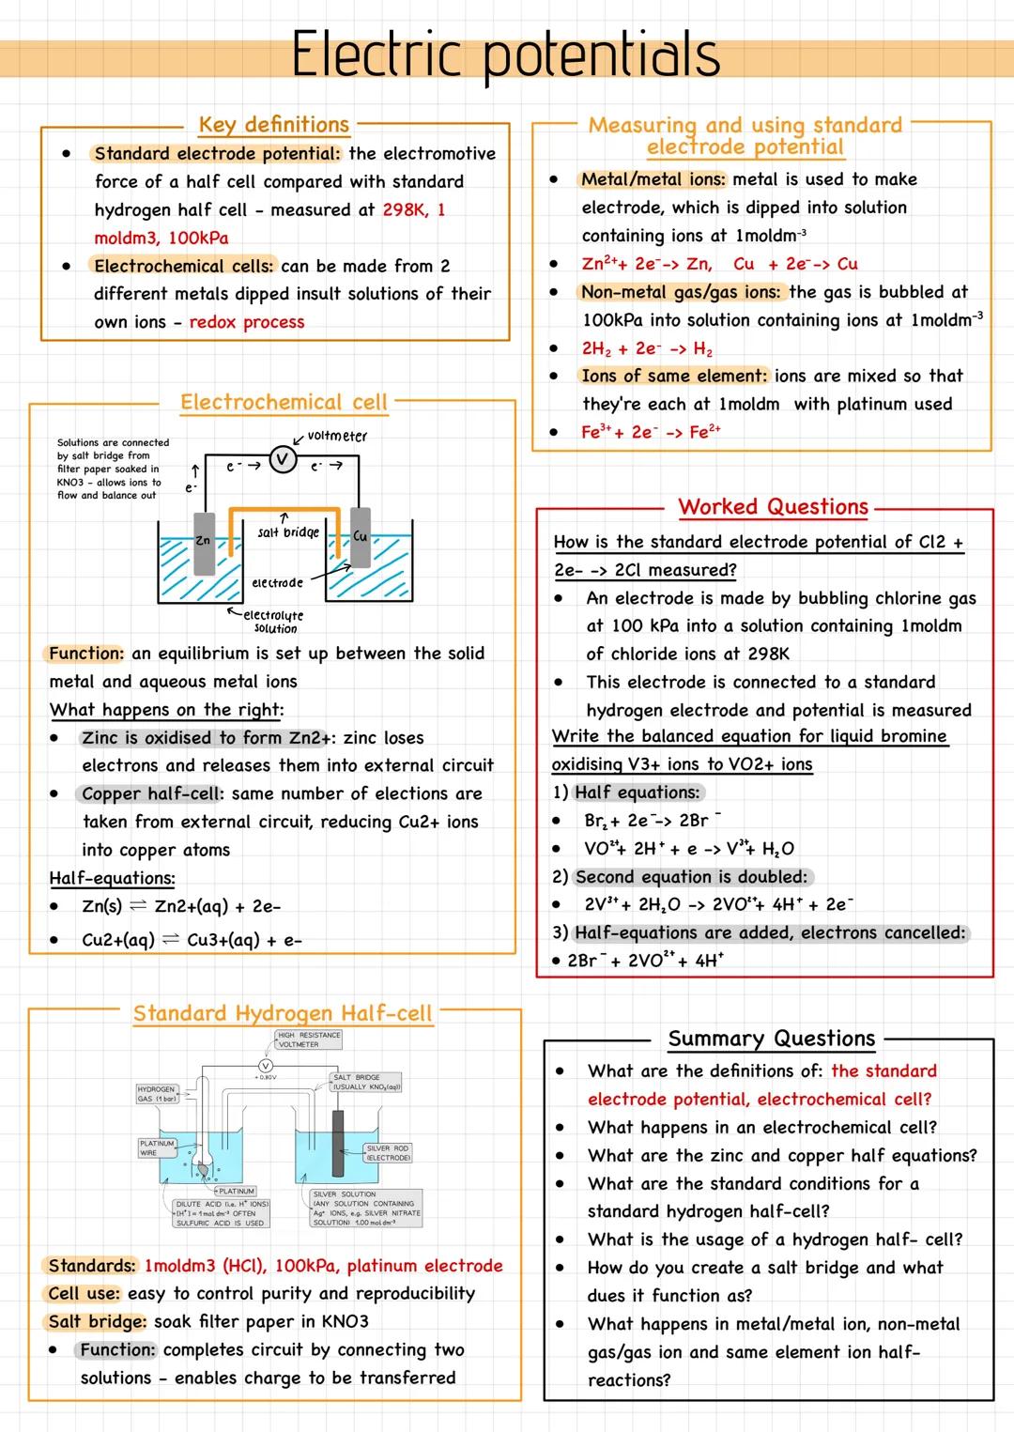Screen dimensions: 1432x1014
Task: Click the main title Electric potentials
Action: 505,54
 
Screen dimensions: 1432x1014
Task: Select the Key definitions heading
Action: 273,125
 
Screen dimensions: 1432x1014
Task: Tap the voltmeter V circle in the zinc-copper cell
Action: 283,459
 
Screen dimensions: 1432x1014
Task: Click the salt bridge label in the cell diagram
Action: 287,532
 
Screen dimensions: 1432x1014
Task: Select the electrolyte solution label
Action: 273,622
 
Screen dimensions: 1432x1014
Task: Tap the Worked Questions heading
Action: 773,507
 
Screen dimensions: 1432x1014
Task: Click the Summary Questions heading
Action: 771,1039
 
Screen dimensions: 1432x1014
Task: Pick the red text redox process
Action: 247,322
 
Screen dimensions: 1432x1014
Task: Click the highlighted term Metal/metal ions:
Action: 653,179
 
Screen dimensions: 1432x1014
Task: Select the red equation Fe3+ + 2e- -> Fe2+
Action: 651,432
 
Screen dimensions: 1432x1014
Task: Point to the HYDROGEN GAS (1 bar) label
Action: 156,1094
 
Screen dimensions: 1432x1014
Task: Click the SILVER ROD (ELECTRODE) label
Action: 388,1153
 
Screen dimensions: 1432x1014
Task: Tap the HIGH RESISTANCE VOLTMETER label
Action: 309,1039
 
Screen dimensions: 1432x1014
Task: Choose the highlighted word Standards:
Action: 92,1266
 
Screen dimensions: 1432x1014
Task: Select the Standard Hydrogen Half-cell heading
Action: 283,1014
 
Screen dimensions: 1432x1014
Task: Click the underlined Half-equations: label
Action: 112,879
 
